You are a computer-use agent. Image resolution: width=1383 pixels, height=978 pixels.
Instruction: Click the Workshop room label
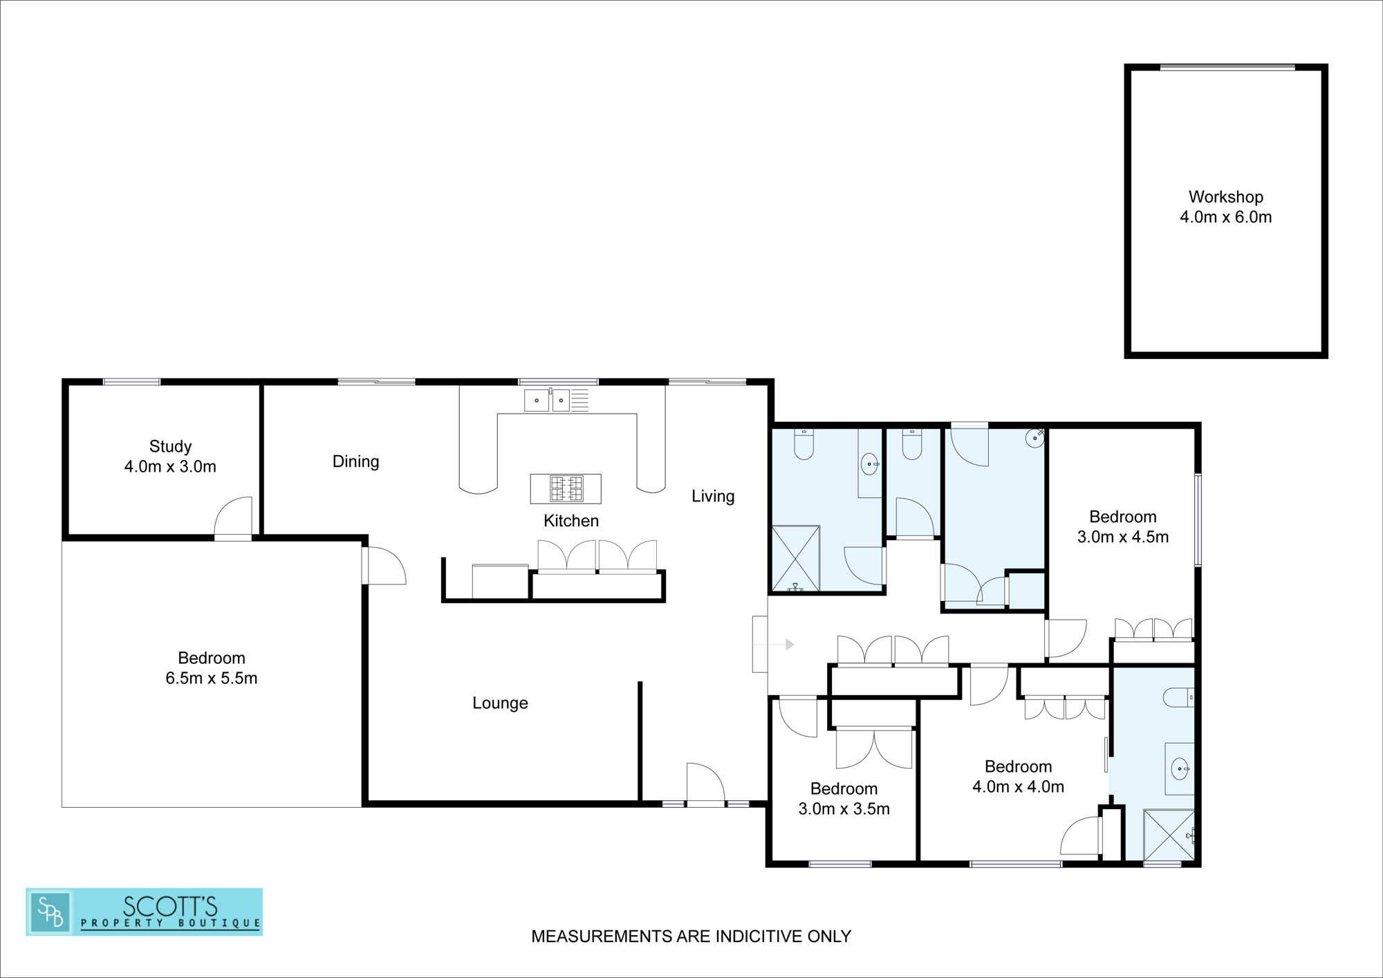tap(1225, 207)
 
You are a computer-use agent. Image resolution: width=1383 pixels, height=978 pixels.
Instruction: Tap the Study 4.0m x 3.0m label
tap(170, 456)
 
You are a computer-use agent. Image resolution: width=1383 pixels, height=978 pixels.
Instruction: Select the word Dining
tap(355, 461)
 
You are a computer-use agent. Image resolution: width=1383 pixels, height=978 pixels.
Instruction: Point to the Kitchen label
tap(570, 521)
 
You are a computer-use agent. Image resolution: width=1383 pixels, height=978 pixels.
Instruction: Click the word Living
tap(713, 496)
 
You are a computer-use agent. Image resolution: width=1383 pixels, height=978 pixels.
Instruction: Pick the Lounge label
tap(500, 703)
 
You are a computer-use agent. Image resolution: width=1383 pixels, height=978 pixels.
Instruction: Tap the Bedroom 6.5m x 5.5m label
tap(212, 668)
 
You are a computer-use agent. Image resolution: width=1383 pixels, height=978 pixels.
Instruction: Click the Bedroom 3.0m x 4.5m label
tap(1123, 527)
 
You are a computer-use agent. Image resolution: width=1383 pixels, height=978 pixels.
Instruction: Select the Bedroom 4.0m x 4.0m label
tap(1018, 777)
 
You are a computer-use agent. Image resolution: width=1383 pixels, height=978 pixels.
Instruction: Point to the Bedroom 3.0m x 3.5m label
tap(844, 799)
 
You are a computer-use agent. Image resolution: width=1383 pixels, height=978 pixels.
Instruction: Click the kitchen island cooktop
tap(566, 488)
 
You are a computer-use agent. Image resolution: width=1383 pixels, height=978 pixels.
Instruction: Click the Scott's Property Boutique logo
tap(144, 912)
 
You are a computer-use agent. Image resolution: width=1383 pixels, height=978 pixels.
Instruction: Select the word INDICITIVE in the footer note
tap(757, 936)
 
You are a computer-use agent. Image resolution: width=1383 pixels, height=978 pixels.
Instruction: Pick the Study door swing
tap(233, 516)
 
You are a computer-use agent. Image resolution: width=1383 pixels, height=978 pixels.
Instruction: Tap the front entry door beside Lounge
tap(705, 783)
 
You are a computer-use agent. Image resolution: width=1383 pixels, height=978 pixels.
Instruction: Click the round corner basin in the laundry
tap(1034, 438)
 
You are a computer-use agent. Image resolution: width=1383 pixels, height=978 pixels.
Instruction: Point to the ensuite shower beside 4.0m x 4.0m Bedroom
tap(1169, 835)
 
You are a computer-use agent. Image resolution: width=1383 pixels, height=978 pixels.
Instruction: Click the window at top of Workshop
tap(1227, 67)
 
